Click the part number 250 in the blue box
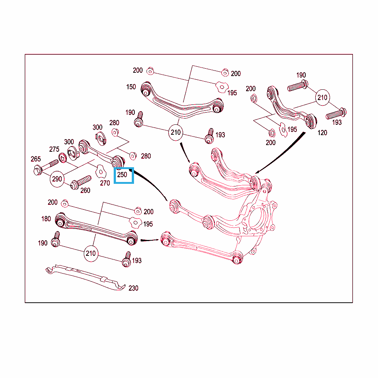pyautogui.click(x=122, y=175)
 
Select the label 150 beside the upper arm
pyautogui.click(x=131, y=87)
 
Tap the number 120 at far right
pyautogui.click(x=322, y=133)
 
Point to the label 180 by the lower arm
pyautogui.click(x=46, y=219)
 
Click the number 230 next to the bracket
pyautogui.click(x=133, y=288)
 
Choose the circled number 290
pyautogui.click(x=57, y=179)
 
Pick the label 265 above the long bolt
pyautogui.click(x=36, y=159)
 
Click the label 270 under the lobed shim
pyautogui.click(x=105, y=183)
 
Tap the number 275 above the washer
pyautogui.click(x=54, y=149)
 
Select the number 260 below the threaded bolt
pyautogui.click(x=85, y=190)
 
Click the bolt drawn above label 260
pyautogui.click(x=81, y=182)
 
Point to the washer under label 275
pyautogui.click(x=63, y=158)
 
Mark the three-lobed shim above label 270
pyautogui.click(x=101, y=172)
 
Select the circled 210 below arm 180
pyautogui.click(x=91, y=253)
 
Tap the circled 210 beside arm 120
pyautogui.click(x=323, y=97)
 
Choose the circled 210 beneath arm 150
pyautogui.click(x=176, y=133)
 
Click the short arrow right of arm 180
pyautogui.click(x=150, y=240)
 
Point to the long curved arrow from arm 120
pyautogui.click(x=283, y=154)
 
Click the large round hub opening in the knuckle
pyautogui.click(x=257, y=218)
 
